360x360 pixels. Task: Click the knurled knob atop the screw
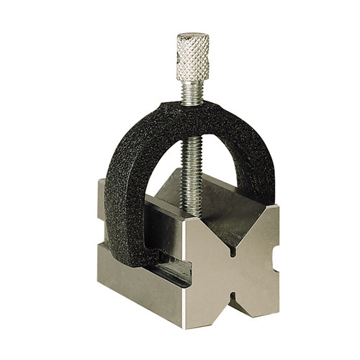(x=193, y=58)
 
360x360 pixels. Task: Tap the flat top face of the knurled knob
(x=192, y=35)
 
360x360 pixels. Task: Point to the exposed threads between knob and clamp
(x=192, y=91)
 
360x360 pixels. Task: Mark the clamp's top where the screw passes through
(x=191, y=109)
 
